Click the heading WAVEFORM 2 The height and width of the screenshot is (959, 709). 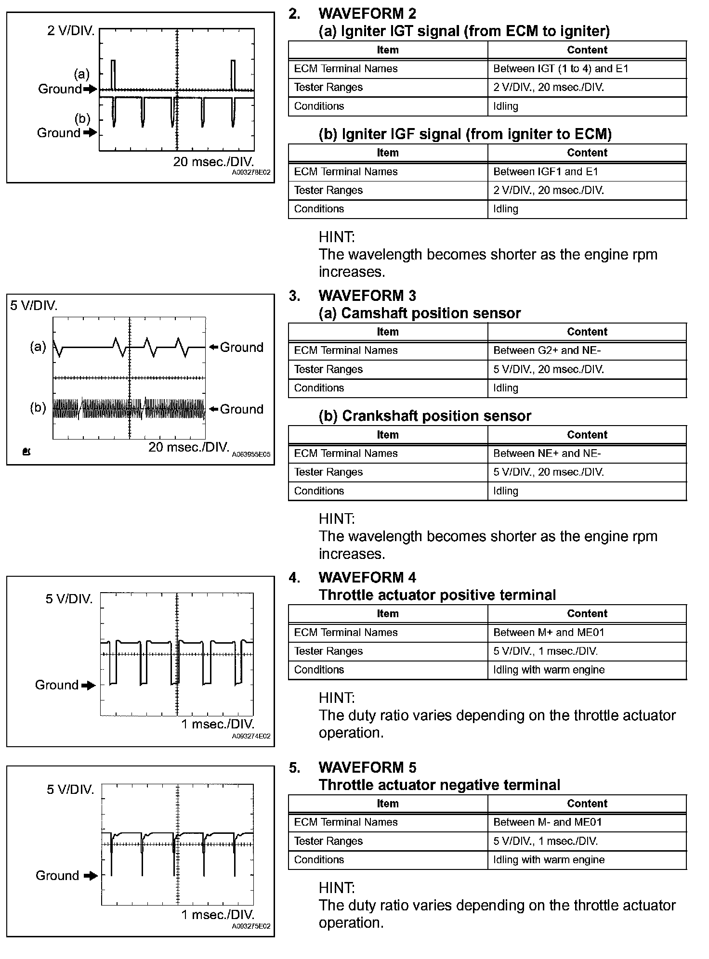(367, 13)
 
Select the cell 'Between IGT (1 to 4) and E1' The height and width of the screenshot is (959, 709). (561, 69)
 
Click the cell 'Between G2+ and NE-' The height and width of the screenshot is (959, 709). (547, 350)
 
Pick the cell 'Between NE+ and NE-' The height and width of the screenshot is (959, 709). (547, 454)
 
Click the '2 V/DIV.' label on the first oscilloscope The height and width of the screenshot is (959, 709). (71, 31)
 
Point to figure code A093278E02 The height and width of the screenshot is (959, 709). (251, 172)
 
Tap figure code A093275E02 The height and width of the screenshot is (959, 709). (251, 926)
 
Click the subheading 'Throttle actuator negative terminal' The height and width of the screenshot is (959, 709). (439, 785)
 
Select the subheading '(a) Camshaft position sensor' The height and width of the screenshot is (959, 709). (420, 313)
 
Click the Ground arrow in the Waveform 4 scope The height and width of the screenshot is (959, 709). (89, 686)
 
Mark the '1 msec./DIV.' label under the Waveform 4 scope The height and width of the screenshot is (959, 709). (218, 724)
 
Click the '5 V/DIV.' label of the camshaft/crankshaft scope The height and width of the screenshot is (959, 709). (34, 306)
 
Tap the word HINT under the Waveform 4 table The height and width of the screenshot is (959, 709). (336, 698)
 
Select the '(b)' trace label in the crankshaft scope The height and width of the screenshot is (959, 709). (38, 408)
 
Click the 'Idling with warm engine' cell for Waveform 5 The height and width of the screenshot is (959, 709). (549, 860)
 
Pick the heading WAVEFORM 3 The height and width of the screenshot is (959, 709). (367, 296)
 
